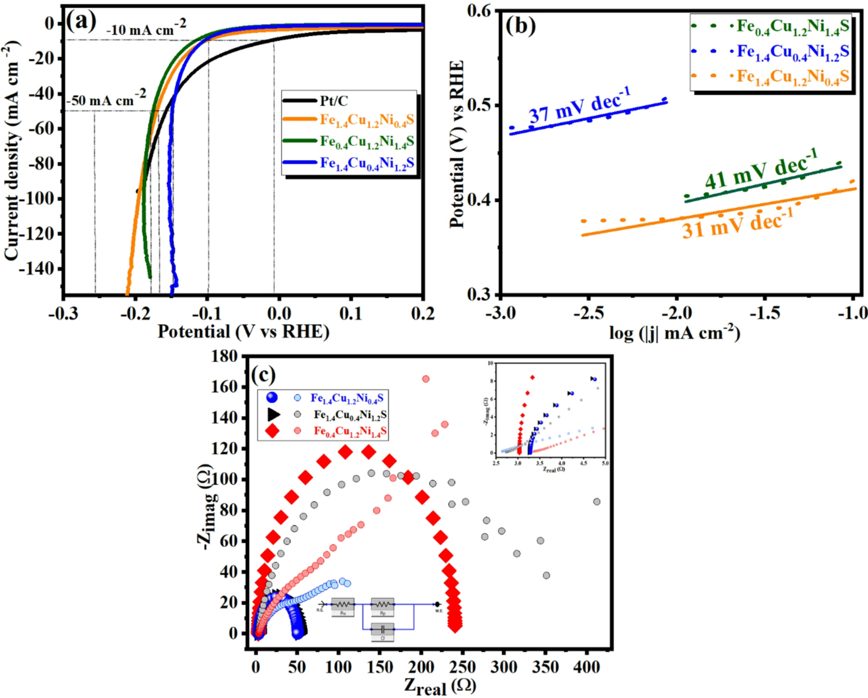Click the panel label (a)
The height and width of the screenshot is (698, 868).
(81, 21)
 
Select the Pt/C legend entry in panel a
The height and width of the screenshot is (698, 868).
(333, 101)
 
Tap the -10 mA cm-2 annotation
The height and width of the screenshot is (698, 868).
(146, 29)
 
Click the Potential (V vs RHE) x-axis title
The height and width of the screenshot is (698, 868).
(243, 332)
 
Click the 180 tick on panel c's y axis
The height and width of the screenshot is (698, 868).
(225, 356)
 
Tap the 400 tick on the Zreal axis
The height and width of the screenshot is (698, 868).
(586, 667)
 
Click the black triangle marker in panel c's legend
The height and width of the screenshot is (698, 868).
(273, 414)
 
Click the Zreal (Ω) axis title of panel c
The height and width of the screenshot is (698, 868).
(440, 686)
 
